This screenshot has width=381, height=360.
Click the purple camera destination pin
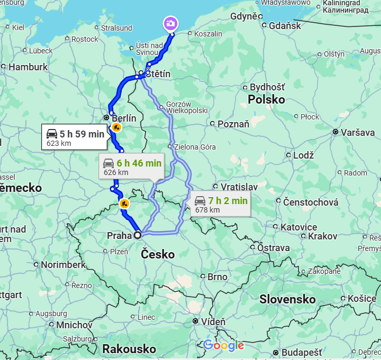pyautogui.click(x=170, y=24)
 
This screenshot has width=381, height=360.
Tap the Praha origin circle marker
pyautogui.click(x=138, y=235)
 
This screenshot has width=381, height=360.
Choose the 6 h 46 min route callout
pyautogui.click(x=132, y=167)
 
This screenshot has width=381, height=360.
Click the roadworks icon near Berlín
pyautogui.click(x=116, y=127)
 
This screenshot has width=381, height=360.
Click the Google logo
pyautogui.click(x=223, y=346)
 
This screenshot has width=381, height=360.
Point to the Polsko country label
pyautogui.click(x=266, y=100)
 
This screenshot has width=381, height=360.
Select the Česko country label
pyautogui.click(x=158, y=254)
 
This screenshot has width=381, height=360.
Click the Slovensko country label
pyautogui.click(x=287, y=300)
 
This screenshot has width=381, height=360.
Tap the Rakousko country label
pyautogui.click(x=129, y=349)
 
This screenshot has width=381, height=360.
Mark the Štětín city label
pyautogui.click(x=158, y=74)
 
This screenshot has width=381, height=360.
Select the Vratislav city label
pyautogui.click(x=239, y=187)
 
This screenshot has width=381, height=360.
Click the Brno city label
pyautogui.click(x=217, y=276)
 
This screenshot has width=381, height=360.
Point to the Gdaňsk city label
pyautogui.click(x=285, y=25)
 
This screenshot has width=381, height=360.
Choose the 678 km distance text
pyautogui.click(x=207, y=210)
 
